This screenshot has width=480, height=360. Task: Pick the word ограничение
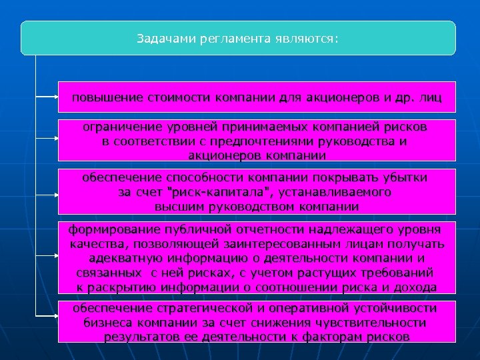coord(121,126)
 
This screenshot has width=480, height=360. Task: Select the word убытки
coord(405,177)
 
